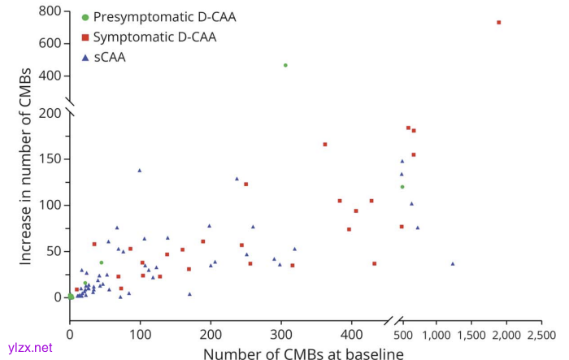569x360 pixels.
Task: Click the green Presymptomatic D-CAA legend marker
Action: (x=85, y=16)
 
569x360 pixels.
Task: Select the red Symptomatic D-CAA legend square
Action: (x=85, y=37)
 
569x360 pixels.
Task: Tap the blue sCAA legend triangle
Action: (x=85, y=58)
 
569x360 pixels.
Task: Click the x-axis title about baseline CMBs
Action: (x=302, y=352)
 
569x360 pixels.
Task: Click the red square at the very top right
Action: (x=498, y=23)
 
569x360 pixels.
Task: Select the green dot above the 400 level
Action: (x=285, y=65)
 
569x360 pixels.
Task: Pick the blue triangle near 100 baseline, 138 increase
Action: (x=139, y=170)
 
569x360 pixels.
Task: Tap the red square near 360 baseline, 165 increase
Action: (x=325, y=145)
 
